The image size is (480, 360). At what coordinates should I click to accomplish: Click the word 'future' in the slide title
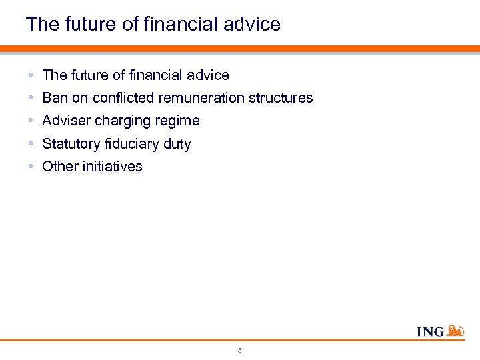tap(89, 25)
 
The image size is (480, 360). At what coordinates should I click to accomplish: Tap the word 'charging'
tap(125, 121)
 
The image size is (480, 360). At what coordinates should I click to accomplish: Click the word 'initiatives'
tap(112, 167)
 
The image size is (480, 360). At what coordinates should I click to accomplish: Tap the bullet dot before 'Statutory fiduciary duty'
tap(33, 144)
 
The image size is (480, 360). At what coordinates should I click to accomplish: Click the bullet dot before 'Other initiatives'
tap(33, 167)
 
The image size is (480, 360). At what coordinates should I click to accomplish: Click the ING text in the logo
tap(430, 331)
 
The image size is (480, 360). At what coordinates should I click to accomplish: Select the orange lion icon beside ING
tap(455, 329)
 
